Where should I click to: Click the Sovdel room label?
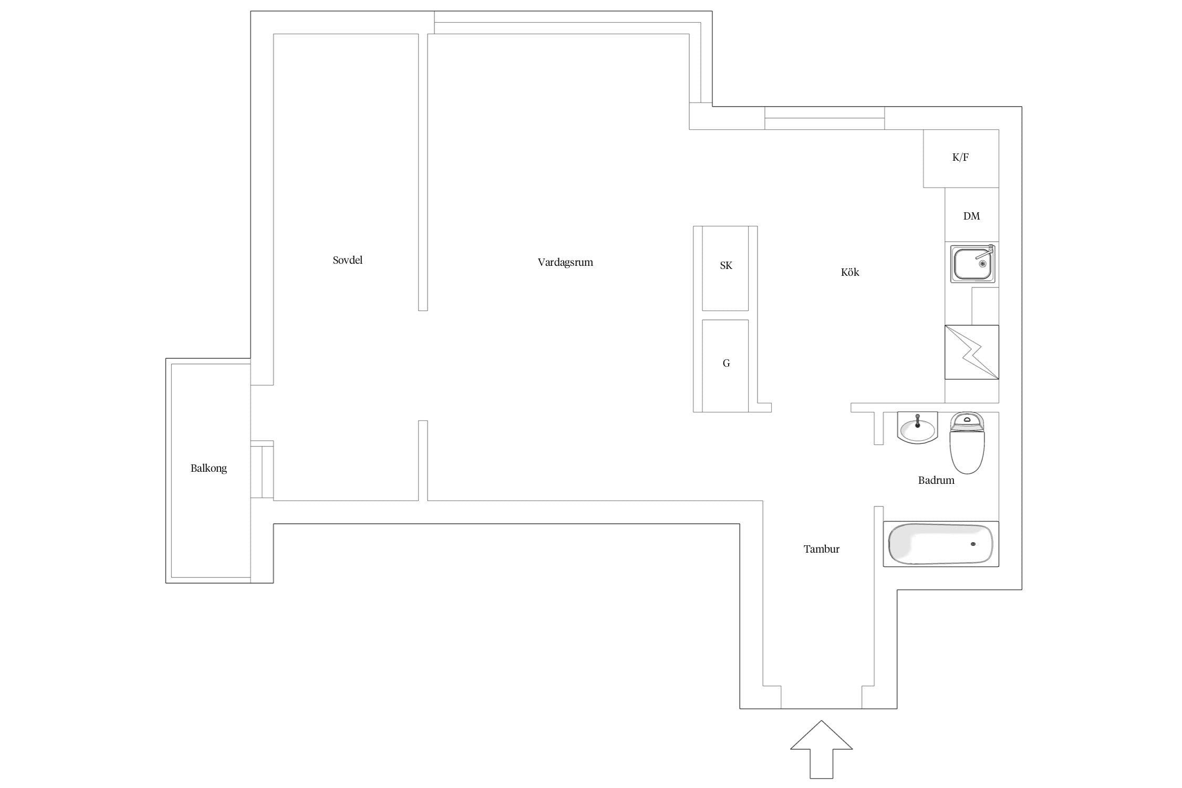[347, 260]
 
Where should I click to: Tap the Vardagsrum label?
[565, 262]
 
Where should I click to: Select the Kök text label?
[850, 272]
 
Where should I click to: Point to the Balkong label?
[209, 468]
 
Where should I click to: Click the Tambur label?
[822, 549]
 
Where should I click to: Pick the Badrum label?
[936, 480]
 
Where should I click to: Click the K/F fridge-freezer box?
[961, 158]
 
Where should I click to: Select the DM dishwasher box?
[972, 215]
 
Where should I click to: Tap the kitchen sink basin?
[972, 264]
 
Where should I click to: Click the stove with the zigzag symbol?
[972, 352]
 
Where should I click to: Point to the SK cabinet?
[725, 268]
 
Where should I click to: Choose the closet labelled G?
[725, 366]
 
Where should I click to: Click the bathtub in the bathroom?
[941, 544]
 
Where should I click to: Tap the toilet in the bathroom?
[967, 443]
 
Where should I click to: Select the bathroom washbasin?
[918, 428]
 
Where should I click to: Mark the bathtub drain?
[973, 544]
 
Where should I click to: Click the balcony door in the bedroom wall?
[262, 469]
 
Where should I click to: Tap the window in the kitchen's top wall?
[824, 118]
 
